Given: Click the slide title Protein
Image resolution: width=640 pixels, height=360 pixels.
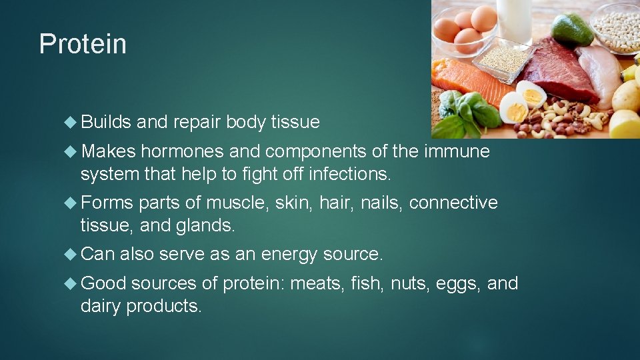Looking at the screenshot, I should (x=83, y=44).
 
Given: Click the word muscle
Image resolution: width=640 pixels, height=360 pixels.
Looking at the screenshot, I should (x=243, y=203).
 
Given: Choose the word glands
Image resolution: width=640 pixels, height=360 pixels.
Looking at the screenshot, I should (x=204, y=225).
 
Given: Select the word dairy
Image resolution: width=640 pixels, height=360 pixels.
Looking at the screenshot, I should (x=101, y=306).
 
